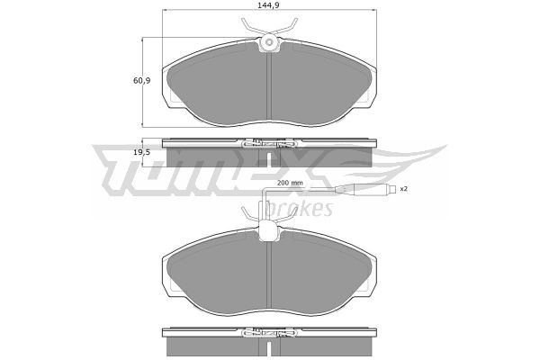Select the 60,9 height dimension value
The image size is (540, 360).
click(141, 81)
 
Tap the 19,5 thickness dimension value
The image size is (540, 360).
click(141, 152)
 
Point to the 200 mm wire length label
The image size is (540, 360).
click(290, 183)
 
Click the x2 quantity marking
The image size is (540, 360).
click(403, 189)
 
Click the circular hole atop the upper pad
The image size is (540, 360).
click(269, 42)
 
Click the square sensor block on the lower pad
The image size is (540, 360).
click(269, 231)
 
